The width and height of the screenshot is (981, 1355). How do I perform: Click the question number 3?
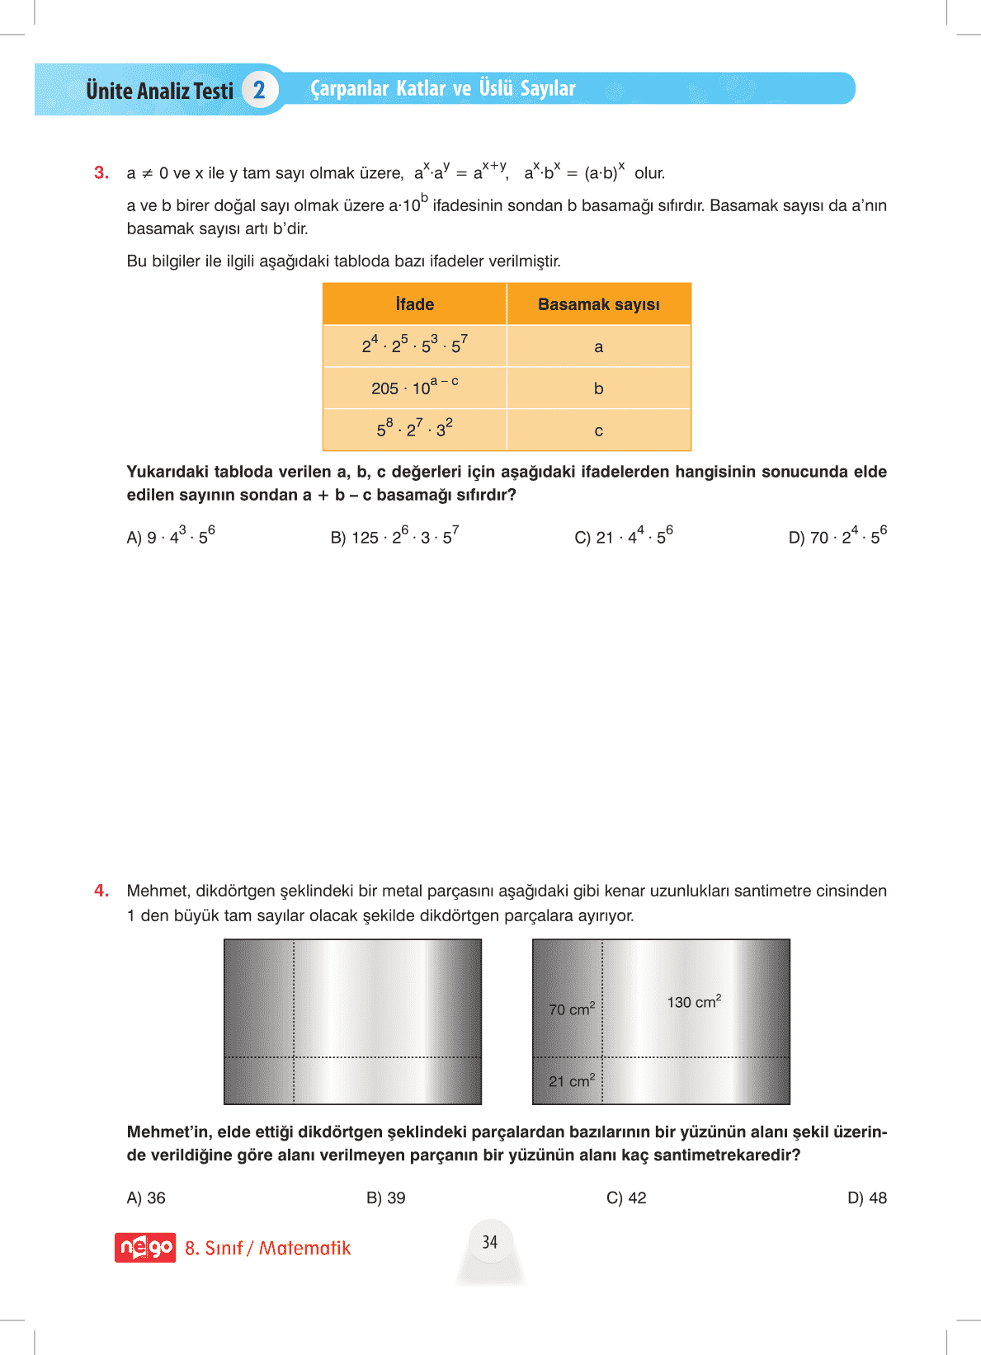(x=101, y=173)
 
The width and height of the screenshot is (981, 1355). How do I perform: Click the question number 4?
(x=101, y=891)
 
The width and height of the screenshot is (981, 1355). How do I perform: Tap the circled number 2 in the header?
(x=259, y=90)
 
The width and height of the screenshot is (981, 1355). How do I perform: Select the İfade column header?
(x=414, y=304)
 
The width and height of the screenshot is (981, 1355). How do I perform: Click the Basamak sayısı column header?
(x=598, y=304)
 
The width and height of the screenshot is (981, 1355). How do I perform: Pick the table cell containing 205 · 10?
(x=414, y=388)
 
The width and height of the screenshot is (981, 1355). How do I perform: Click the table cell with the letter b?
(x=598, y=388)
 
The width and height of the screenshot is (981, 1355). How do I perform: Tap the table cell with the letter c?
(x=598, y=430)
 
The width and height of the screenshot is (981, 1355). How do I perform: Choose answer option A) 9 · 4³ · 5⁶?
(x=171, y=536)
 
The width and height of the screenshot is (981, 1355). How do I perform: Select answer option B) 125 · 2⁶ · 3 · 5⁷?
(x=394, y=536)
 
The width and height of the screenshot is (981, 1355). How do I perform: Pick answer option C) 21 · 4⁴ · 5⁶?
(x=623, y=536)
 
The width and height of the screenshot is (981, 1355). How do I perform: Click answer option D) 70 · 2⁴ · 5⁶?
(x=837, y=536)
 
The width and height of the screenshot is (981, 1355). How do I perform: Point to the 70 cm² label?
(x=572, y=1009)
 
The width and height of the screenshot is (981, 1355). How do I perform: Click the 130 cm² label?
(x=694, y=1002)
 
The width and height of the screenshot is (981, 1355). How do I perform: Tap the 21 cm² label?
(x=572, y=1080)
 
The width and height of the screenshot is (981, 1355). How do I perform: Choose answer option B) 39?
(x=385, y=1197)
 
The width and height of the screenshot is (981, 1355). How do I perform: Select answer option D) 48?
(x=866, y=1197)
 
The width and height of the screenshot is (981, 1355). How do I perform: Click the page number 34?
(x=490, y=1242)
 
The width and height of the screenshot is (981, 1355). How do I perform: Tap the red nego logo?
(x=145, y=1248)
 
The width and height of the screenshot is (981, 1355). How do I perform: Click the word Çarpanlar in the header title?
(x=349, y=88)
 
